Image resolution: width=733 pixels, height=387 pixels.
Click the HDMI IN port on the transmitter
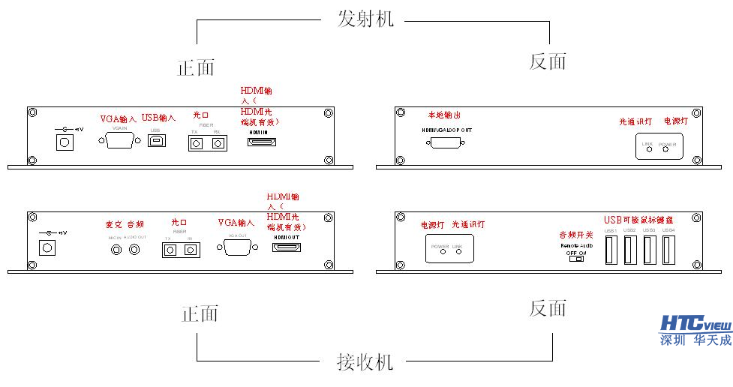(263, 142)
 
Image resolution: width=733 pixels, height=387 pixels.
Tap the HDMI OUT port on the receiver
(286, 246)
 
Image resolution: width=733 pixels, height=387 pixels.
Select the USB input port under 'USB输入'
(155, 142)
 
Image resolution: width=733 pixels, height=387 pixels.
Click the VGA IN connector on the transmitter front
(120, 142)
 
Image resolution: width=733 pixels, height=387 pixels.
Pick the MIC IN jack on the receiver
(116, 248)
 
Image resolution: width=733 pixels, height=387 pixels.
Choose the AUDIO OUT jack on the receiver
(134, 248)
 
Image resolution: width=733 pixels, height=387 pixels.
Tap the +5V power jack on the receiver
(49, 247)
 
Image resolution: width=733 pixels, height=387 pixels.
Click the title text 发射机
(365, 18)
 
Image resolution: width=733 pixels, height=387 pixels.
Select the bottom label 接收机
(365, 362)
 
